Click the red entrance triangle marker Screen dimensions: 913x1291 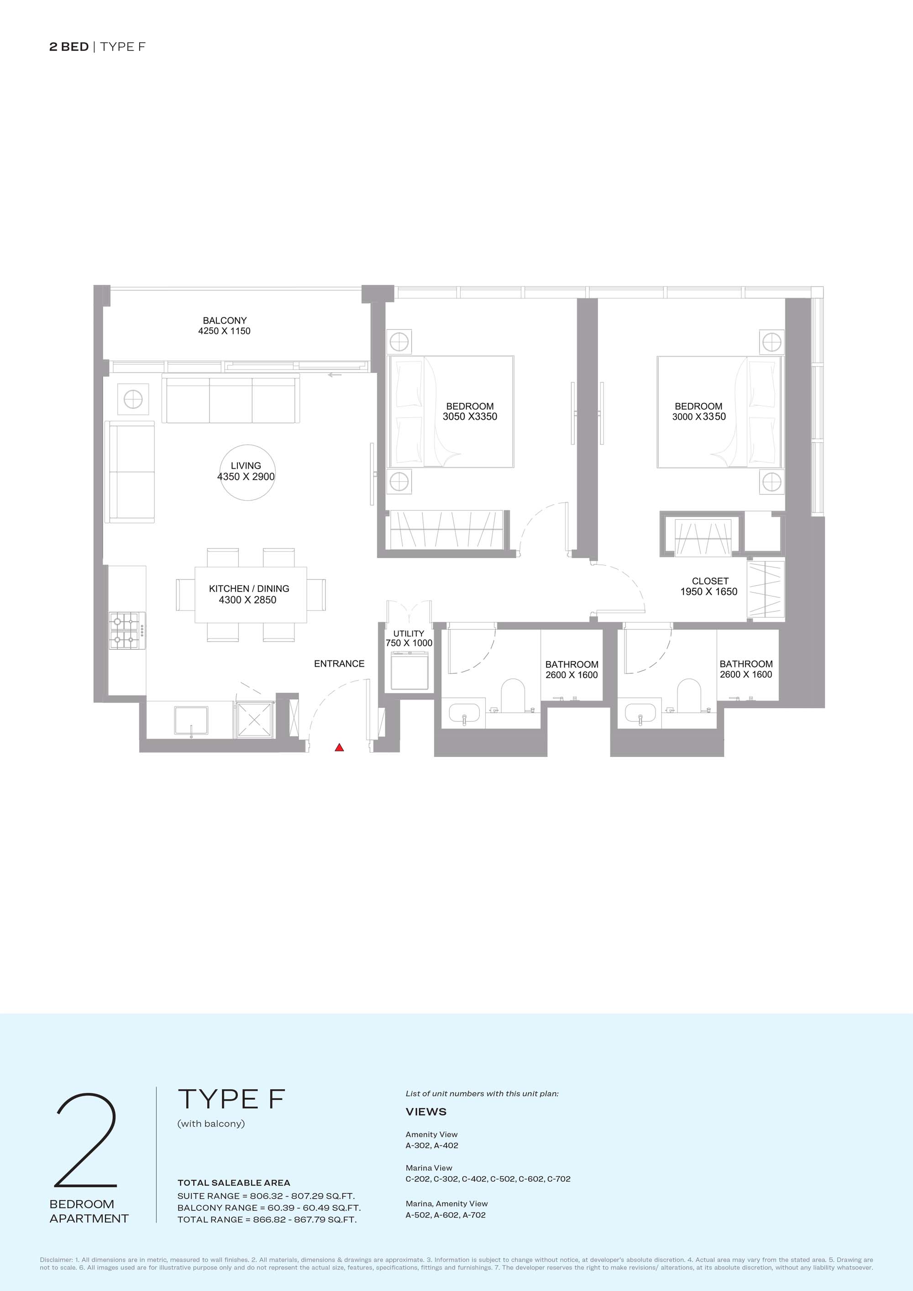pos(339,747)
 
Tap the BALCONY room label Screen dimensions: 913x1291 pos(225,320)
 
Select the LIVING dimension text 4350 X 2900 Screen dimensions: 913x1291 pos(246,477)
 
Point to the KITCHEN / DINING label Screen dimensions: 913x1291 pos(249,589)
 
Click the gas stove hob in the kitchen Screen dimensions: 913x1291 pos(127,630)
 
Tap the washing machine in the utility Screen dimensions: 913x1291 pos(409,670)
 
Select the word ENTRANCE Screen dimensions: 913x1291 pos(339,664)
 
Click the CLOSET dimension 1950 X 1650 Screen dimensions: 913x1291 pos(709,591)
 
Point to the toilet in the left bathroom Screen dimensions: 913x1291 pos(513,695)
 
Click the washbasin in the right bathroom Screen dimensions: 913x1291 pos(641,714)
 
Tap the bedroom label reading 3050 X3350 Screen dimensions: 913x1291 pos(470,417)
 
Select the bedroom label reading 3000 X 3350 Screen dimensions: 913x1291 pos(699,417)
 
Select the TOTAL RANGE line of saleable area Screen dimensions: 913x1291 pos(267,1220)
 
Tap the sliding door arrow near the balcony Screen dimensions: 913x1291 pos(335,375)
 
